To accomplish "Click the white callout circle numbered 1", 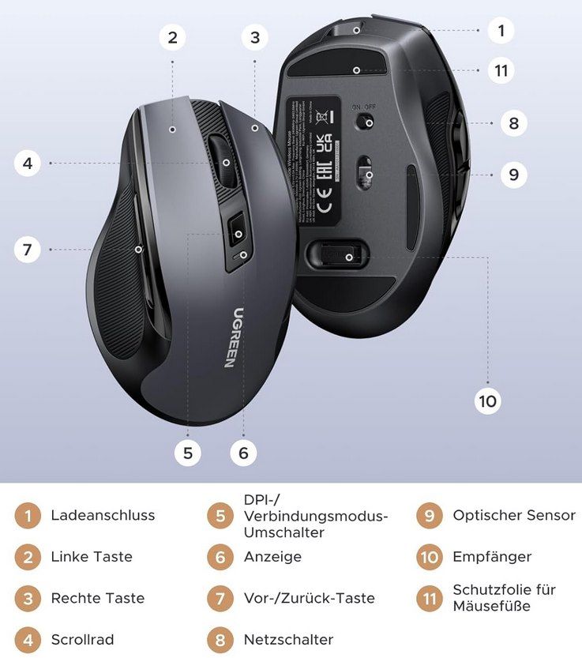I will (500, 31).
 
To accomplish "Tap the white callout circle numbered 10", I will (487, 400).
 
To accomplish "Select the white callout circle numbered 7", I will (28, 250).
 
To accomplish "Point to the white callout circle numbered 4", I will (28, 164).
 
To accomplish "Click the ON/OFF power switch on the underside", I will (365, 122).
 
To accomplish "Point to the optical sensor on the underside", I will (366, 173).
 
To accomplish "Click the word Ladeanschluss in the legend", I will (103, 515).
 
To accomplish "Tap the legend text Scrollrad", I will (82, 639).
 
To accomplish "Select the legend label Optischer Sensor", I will (514, 515).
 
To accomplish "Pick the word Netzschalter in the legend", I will (288, 639).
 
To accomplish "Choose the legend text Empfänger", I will (492, 557).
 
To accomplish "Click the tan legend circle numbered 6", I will (220, 557).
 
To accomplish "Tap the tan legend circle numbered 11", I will (429, 598).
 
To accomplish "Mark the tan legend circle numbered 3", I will (28, 598).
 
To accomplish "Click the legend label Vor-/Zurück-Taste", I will (309, 598).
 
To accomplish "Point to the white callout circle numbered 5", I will (187, 453).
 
